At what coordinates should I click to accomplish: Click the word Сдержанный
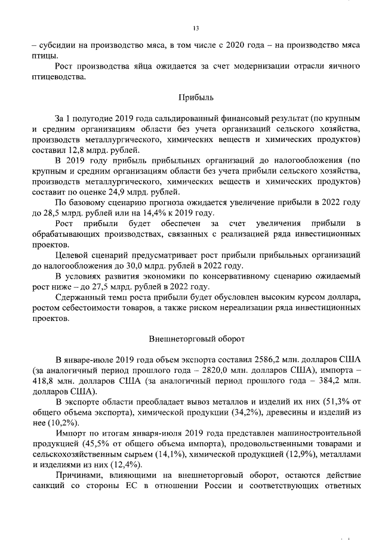click(80, 297)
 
